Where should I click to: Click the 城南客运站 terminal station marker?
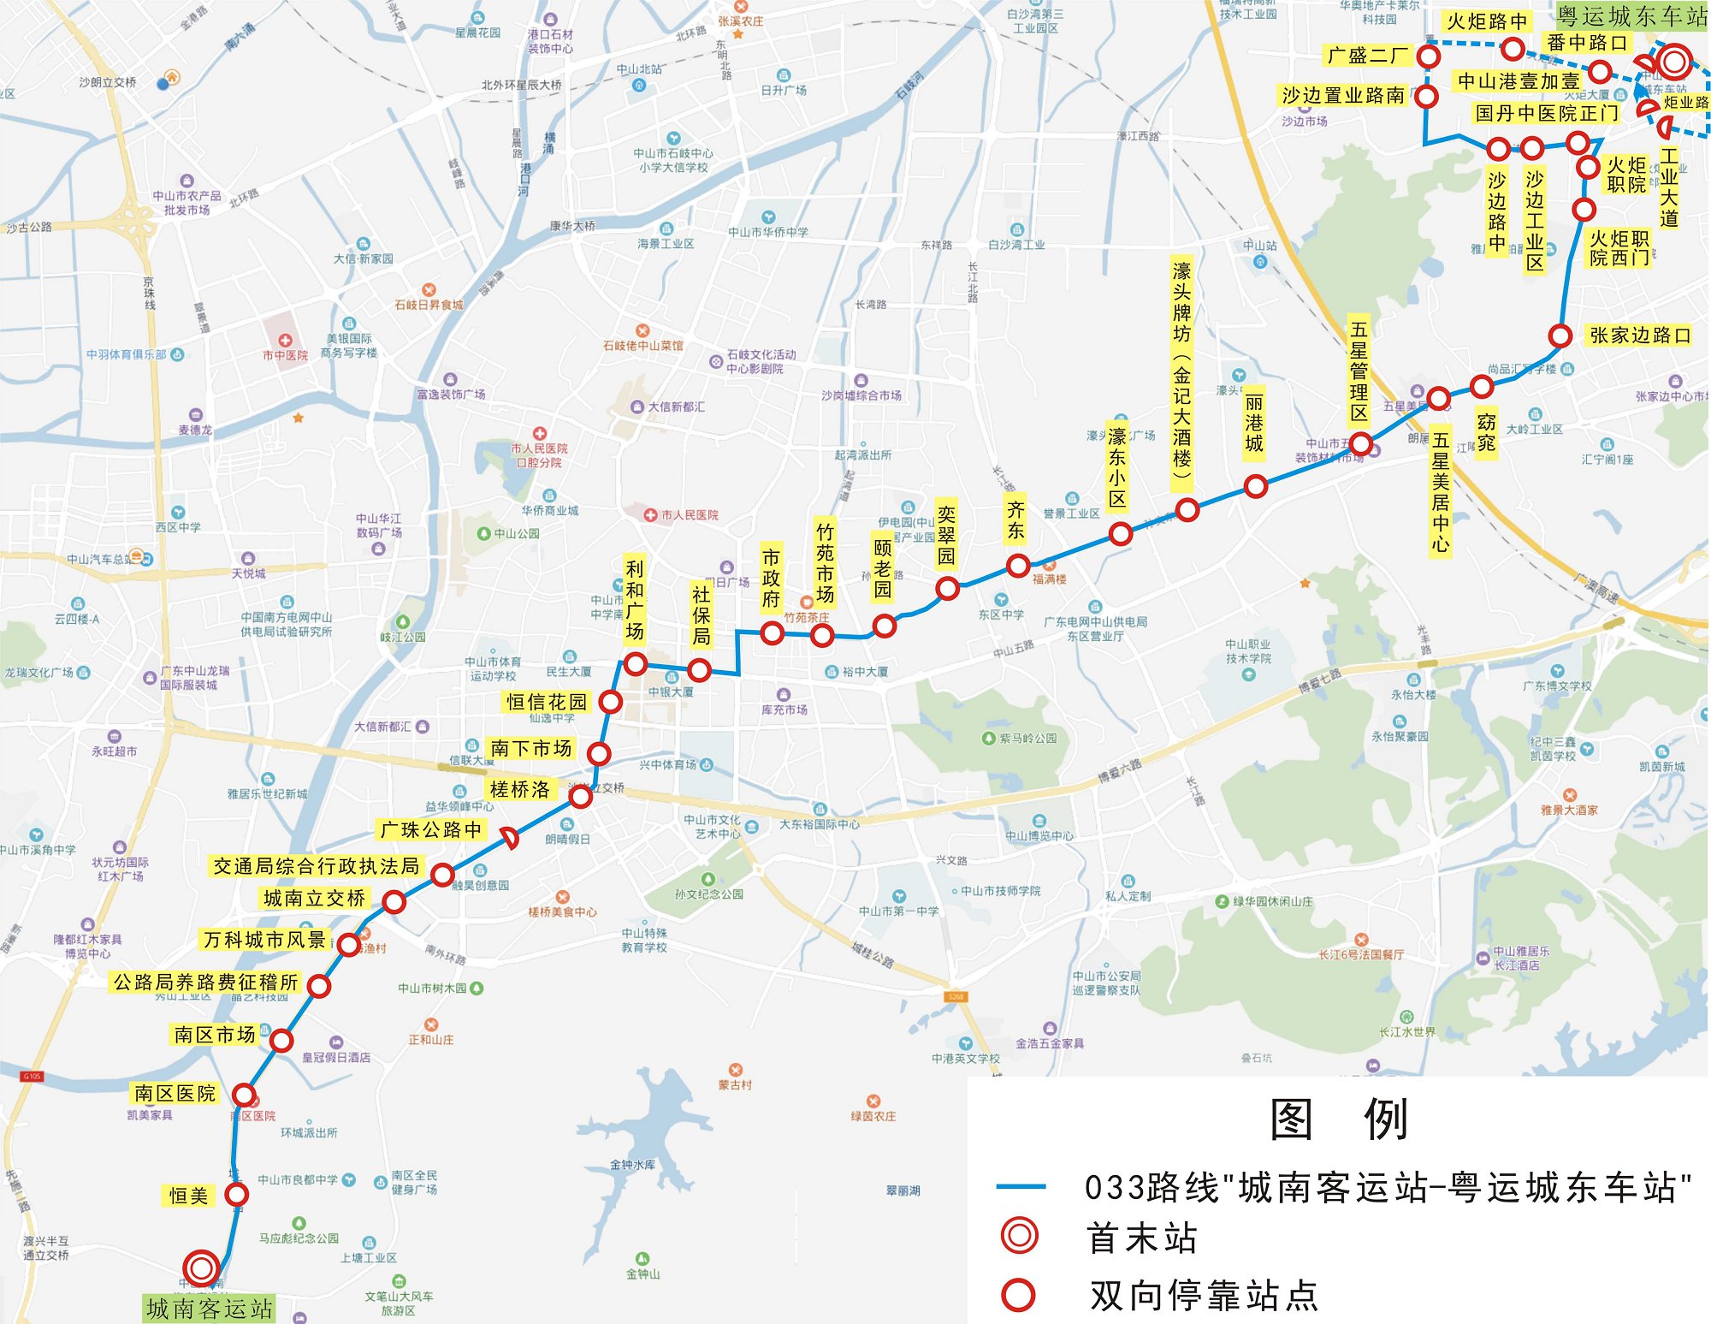click(202, 1268)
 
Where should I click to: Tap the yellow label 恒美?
click(188, 1196)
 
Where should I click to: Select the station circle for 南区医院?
click(244, 1095)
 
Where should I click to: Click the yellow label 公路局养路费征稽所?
click(206, 982)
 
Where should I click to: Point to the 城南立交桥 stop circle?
click(394, 901)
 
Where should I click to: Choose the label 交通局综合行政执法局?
click(316, 866)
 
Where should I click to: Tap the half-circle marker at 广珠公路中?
click(510, 838)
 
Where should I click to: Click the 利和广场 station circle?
click(635, 664)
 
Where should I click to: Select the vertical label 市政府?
click(771, 579)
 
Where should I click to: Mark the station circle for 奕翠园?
click(947, 588)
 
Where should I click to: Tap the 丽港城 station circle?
click(1255, 486)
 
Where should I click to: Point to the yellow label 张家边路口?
click(1640, 335)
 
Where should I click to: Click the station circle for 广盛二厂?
click(1428, 56)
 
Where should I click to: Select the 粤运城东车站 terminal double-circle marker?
click(1673, 62)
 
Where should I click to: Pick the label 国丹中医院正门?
click(1547, 113)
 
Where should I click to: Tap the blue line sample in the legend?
click(1021, 1187)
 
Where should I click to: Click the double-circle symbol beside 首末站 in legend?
click(1019, 1237)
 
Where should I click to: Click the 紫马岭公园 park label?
click(1027, 738)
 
